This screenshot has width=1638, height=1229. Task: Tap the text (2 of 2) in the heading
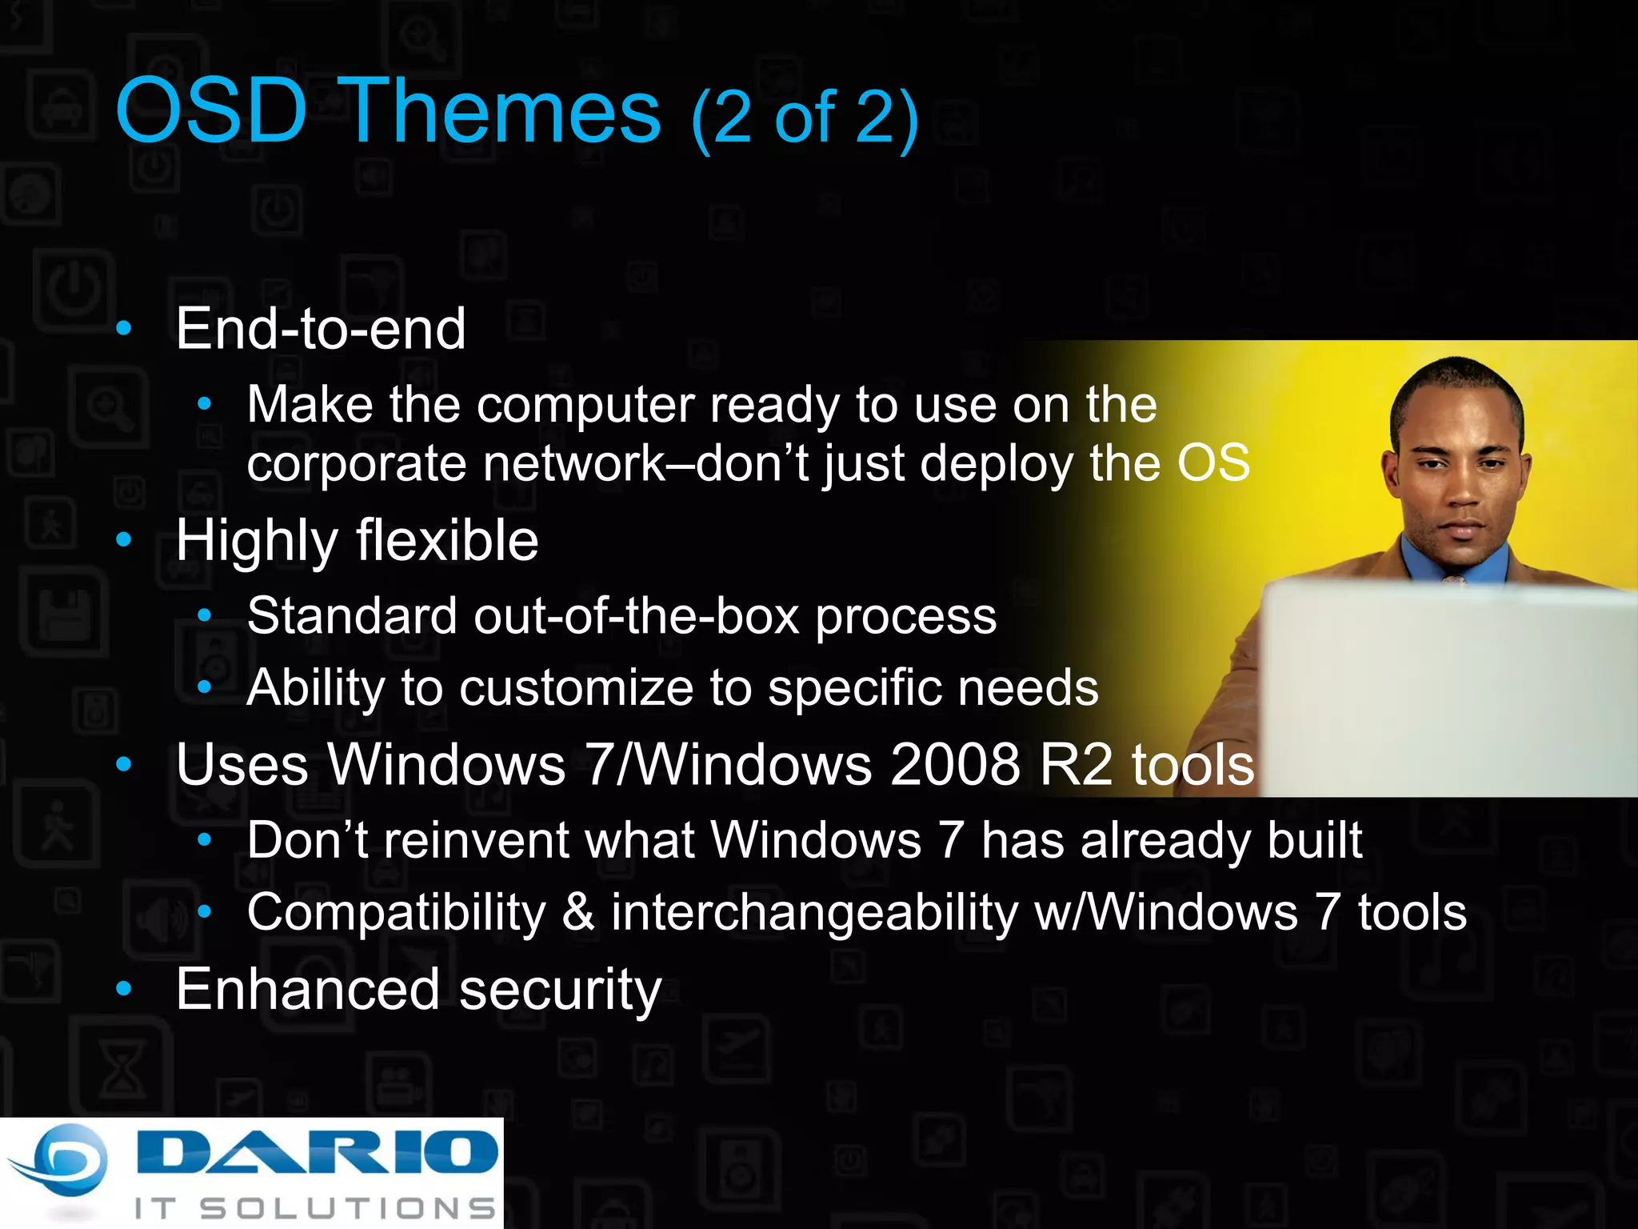click(805, 118)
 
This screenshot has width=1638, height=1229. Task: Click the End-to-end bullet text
click(320, 329)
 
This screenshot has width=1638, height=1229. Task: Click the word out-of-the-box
click(637, 616)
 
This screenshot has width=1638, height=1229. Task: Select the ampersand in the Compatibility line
click(577, 912)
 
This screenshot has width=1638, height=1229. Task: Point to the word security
click(560, 990)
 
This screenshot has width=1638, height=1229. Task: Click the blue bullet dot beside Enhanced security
click(123, 989)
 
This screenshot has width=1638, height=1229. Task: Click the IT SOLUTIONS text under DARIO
click(315, 1208)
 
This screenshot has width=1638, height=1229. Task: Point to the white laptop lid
click(1448, 688)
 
